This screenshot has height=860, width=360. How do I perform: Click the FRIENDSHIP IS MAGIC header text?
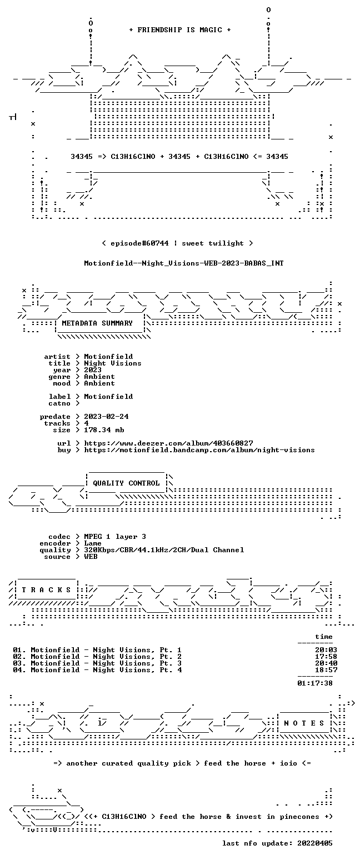pos(180,30)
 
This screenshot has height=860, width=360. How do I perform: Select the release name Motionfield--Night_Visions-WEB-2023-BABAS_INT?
pos(184,263)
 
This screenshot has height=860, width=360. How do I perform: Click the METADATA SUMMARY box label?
pos(97,323)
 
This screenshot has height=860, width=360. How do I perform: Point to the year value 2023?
pos(93,370)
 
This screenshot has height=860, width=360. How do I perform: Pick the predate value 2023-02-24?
pos(106,417)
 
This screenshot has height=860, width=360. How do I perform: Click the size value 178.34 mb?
pos(104,430)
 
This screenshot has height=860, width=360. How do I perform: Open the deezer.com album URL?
pos(168,443)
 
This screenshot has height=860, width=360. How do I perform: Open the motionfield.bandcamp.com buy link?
pos(199,450)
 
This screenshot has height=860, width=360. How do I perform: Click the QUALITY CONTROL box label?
pos(126,483)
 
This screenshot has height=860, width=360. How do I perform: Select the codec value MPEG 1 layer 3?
pos(115,537)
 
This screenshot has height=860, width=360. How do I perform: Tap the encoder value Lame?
pos(93,543)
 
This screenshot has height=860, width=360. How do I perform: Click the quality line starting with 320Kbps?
pos(164,550)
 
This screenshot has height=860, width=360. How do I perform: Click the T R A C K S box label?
pos(47,590)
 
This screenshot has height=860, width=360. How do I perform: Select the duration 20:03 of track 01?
pos(326,650)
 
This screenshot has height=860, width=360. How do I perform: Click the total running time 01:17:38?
pos(314,683)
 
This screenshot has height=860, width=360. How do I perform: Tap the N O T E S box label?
pos(304,723)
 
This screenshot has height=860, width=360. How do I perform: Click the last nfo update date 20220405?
pos(314,843)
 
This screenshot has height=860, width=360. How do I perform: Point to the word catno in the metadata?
pos(59,403)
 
